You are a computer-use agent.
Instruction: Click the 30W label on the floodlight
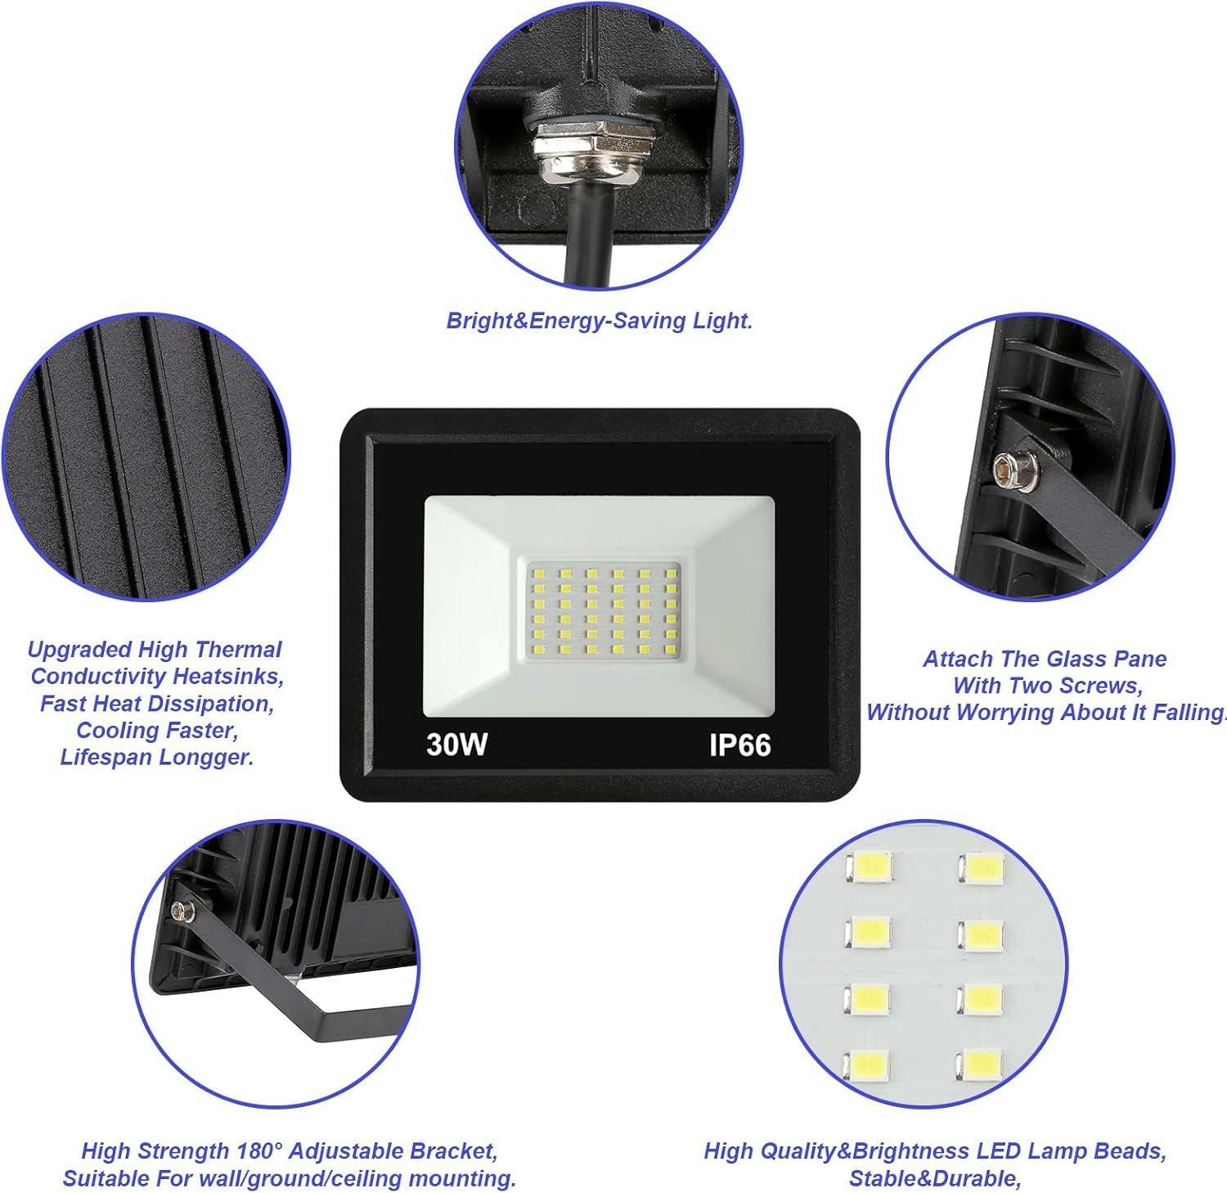click(x=456, y=744)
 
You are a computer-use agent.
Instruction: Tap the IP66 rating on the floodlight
click(x=739, y=744)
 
